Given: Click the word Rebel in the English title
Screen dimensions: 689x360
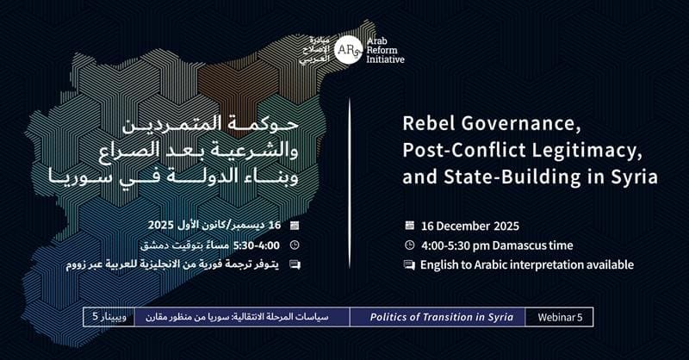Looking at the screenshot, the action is [x=427, y=123].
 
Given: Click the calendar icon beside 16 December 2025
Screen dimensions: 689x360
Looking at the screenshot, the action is [x=410, y=226].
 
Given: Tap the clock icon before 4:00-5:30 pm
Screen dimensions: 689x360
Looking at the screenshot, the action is [x=410, y=245].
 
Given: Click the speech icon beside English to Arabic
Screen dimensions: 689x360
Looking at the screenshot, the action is [x=410, y=265].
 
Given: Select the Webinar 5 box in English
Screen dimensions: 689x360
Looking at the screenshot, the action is [x=559, y=317].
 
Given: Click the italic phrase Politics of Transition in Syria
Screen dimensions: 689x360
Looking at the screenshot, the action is [x=441, y=317].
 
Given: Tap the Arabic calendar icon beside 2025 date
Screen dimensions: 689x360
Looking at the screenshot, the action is [x=295, y=226].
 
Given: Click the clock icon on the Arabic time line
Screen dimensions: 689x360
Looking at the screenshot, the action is [x=295, y=245].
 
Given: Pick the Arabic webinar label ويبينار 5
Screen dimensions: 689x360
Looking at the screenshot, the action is [x=109, y=317].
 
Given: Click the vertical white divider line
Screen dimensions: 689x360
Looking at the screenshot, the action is [x=350, y=183].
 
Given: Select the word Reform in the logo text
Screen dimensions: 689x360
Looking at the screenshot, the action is [x=382, y=50].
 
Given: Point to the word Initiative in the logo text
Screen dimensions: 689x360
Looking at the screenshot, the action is [x=385, y=59].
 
